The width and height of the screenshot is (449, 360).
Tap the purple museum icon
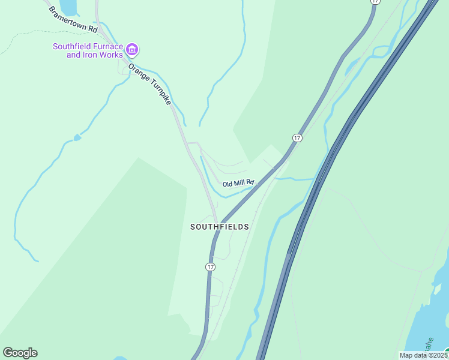[x=133, y=48]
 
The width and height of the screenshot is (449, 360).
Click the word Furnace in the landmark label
[x=108, y=46]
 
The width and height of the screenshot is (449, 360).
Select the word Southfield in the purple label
[x=72, y=46]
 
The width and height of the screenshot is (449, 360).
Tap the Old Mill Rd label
[x=238, y=182]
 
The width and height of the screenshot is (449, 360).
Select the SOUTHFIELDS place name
[x=219, y=227]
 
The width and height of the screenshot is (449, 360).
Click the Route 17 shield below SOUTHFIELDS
[x=210, y=266]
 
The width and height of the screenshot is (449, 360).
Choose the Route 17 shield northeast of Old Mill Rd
[x=297, y=138]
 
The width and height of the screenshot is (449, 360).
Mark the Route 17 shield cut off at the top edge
[x=375, y=2]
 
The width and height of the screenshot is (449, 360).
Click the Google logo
[x=20, y=353]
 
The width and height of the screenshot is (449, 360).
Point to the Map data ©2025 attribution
[x=423, y=355]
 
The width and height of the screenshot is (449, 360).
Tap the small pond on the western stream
[x=77, y=138]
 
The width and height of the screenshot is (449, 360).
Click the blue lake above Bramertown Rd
[x=68, y=7]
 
